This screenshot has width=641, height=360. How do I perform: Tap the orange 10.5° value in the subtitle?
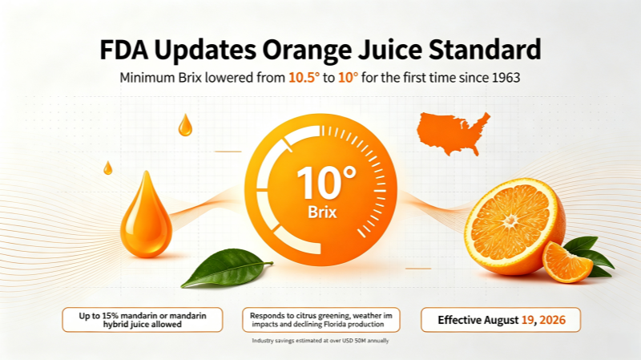304,77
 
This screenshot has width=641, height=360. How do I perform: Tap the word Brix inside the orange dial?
322,212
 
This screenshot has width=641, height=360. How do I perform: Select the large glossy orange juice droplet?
146,216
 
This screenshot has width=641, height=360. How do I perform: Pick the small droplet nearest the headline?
185,125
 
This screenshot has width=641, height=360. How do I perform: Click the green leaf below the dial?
226,268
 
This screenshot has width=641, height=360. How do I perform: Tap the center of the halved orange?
510,221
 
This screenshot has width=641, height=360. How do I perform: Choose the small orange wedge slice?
566,263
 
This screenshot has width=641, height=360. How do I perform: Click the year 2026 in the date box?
552,320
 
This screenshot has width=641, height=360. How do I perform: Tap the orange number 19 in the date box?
528,320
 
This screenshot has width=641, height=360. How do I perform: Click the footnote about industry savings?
320,341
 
